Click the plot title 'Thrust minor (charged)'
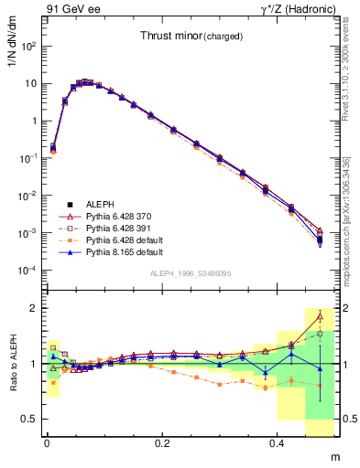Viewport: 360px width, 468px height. coord(191,37)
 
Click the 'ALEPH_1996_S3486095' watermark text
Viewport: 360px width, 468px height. coord(191,272)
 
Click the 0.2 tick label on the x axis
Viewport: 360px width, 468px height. coord(162,442)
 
